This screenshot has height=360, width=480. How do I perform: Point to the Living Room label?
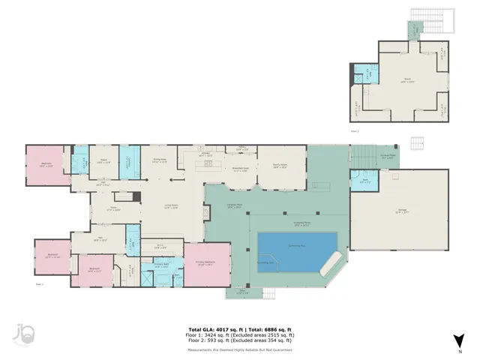click(170, 207)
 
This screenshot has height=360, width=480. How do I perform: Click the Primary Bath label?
click(160, 265)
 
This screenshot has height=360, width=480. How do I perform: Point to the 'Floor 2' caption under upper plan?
click(355, 130)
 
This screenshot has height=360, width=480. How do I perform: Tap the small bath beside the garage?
click(364, 181)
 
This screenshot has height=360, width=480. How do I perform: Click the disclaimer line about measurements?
click(240, 349)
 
